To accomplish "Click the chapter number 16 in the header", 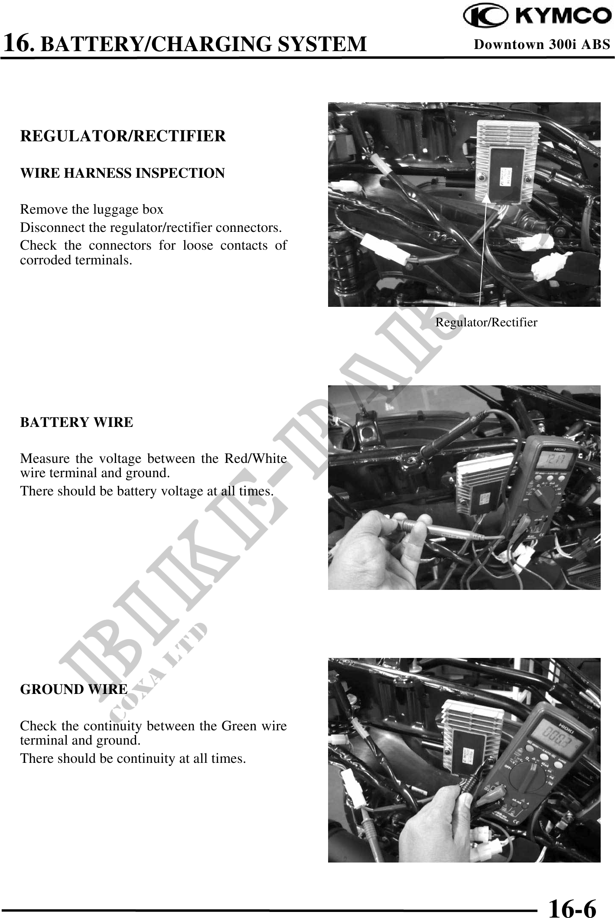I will tap(17, 43).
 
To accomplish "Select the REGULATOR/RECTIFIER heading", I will tap(123, 136).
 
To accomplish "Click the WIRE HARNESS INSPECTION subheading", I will tap(123, 173).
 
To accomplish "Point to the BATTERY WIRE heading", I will tap(77, 422).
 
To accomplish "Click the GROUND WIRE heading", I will tap(74, 689).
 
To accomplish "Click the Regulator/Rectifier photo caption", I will tap(486, 322).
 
